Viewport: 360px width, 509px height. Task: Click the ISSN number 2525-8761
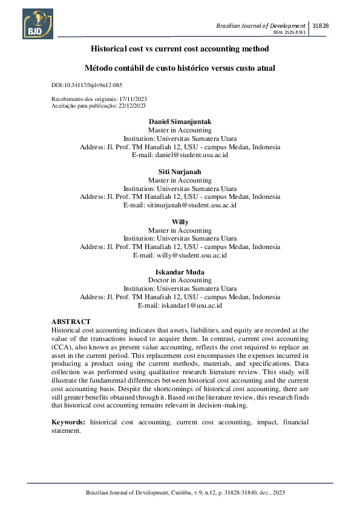tap(289, 32)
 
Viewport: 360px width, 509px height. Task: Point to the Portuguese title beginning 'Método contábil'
tap(180, 68)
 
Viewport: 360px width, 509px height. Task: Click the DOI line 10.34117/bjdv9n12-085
tap(88, 86)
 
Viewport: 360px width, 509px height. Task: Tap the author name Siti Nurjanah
tap(180, 172)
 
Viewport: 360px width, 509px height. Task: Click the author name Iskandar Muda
tap(180, 273)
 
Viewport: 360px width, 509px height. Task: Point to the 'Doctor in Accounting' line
tap(180, 280)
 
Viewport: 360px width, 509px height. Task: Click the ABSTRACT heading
tap(71, 322)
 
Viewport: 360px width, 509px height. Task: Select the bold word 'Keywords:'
tap(67, 421)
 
